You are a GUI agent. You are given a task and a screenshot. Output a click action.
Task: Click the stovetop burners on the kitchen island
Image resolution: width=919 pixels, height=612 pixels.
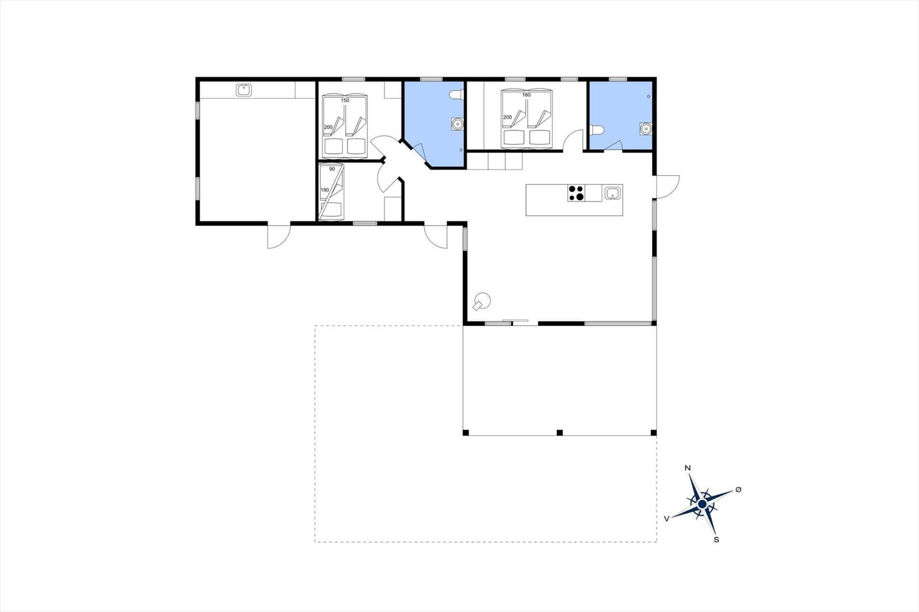tap(576, 193)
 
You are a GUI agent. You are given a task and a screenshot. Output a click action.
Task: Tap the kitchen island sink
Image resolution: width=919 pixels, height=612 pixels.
tap(612, 193)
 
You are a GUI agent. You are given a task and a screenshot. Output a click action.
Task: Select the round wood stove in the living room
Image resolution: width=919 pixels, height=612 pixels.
tap(482, 301)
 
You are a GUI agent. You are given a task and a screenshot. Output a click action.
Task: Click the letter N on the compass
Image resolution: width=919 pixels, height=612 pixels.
tap(688, 468)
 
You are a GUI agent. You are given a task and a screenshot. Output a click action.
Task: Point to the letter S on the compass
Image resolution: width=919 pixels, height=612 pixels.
tap(716, 540)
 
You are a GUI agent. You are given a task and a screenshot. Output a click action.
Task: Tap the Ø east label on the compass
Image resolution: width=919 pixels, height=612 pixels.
tap(739, 489)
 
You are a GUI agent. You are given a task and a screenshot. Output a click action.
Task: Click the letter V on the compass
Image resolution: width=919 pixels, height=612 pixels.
tap(667, 519)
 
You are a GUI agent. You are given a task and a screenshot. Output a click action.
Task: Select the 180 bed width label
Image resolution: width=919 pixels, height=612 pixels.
tap(526, 95)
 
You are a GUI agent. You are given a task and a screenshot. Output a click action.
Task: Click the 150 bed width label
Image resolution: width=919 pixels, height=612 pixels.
tap(345, 100)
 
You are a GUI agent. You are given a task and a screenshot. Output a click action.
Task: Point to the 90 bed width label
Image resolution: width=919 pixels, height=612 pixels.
tap(332, 169)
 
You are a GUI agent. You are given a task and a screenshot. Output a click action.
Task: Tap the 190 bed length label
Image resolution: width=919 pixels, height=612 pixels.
tap(325, 190)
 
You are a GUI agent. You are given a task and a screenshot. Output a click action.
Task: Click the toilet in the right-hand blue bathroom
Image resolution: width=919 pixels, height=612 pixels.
tap(597, 130)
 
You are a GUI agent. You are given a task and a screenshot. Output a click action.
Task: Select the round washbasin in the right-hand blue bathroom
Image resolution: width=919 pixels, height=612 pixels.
tap(646, 129)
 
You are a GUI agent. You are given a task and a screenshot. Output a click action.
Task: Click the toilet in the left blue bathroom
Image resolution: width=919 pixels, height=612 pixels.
tap(456, 95)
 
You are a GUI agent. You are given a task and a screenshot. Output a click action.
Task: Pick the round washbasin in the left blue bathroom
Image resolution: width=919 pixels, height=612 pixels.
tap(457, 123)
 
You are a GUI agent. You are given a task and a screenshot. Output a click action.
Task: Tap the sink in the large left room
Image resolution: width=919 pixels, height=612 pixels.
tap(244, 90)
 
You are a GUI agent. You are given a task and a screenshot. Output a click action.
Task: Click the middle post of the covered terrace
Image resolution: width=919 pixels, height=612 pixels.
tap(559, 432)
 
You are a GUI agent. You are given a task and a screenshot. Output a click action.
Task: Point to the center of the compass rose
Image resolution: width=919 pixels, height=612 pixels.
tap(702, 503)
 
